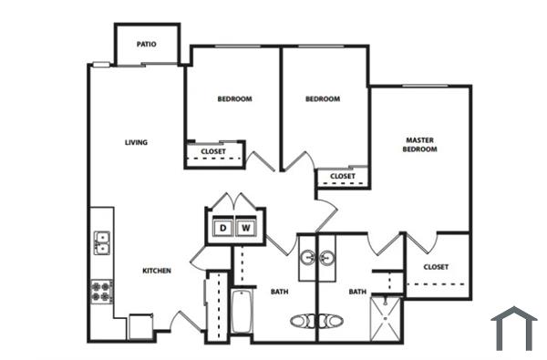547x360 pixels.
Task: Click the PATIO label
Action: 146,44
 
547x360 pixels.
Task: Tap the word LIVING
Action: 137,142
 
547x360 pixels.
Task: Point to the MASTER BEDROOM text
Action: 421,144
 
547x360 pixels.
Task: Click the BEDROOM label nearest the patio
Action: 234,98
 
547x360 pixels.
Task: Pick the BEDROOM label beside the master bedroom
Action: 322,98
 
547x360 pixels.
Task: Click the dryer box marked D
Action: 222,228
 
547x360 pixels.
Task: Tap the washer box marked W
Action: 245,228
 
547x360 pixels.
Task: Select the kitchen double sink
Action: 102,242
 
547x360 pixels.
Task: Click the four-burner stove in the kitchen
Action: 101,292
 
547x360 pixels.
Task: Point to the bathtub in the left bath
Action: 242,313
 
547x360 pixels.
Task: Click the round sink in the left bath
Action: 307,259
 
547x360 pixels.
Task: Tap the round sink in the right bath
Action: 325,259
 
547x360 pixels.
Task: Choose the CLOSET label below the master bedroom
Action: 436,267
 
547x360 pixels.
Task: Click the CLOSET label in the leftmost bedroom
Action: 213,151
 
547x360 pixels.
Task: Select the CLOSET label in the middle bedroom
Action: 342,176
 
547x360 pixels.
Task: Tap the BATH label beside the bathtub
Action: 279,292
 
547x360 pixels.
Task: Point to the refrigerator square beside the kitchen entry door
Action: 141,326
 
